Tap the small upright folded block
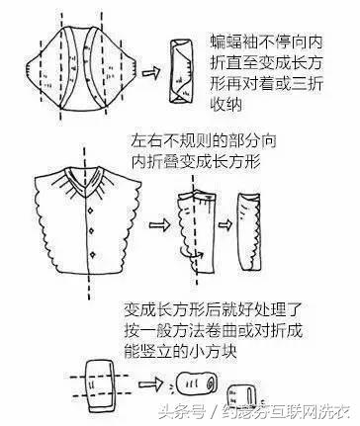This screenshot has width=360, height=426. point(235,387)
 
